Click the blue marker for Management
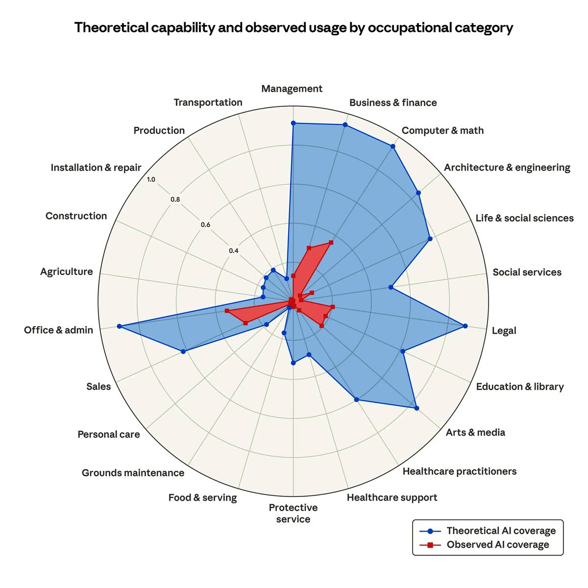pyautogui.click(x=293, y=123)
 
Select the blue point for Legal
pyautogui.click(x=465, y=326)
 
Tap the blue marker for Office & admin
pyautogui.click(x=119, y=326)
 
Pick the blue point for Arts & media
pyautogui.click(x=416, y=408)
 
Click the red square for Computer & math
pyautogui.click(x=331, y=242)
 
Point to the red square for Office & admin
pyautogui.click(x=227, y=311)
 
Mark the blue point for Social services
pyautogui.click(x=391, y=287)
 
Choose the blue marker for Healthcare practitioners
pyautogui.click(x=356, y=399)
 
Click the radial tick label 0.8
pyautogui.click(x=175, y=199)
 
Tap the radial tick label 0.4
pyautogui.click(x=234, y=251)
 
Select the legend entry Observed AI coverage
pyautogui.click(x=498, y=545)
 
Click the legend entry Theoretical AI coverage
pyautogui.click(x=501, y=531)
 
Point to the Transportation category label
pyautogui.click(x=208, y=102)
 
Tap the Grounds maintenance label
pyautogui.click(x=133, y=473)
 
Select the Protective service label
pyautogui.click(x=293, y=514)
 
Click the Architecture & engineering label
pyautogui.click(x=507, y=168)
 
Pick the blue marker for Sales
pyautogui.click(x=183, y=351)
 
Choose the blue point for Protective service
pyautogui.click(x=293, y=363)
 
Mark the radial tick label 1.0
pyautogui.click(x=151, y=180)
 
